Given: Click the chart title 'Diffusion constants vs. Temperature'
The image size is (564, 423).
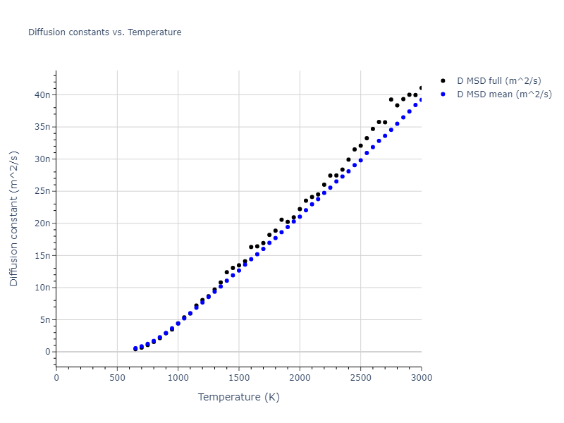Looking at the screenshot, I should click(104, 32).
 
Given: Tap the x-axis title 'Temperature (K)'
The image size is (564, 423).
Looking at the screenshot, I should click(238, 397).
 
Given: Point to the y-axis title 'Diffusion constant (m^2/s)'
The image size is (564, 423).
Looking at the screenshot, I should click(14, 219).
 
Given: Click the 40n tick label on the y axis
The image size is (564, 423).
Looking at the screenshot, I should click(42, 95).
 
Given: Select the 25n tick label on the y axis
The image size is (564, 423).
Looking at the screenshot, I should click(42, 191).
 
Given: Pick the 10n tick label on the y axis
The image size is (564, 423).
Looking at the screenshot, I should click(42, 288).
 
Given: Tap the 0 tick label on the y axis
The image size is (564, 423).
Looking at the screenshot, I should click(47, 352).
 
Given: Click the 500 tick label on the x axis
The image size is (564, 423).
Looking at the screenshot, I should click(117, 378).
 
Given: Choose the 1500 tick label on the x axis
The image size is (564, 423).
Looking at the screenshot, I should click(238, 378).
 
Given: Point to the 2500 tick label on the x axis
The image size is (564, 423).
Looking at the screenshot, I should click(360, 378).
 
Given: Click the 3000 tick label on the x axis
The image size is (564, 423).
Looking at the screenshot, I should click(421, 378).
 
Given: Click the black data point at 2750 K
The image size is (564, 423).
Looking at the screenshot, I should click(391, 99).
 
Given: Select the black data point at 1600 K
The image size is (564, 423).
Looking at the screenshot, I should click(251, 247).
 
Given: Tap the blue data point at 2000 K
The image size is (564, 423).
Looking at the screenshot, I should click(300, 216).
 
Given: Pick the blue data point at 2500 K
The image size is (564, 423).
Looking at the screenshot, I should click(360, 160).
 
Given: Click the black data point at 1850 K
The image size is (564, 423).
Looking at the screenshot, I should click(281, 220).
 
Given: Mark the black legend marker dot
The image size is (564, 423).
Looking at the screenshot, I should click(443, 81).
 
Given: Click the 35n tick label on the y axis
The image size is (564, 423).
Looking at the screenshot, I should click(42, 127).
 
